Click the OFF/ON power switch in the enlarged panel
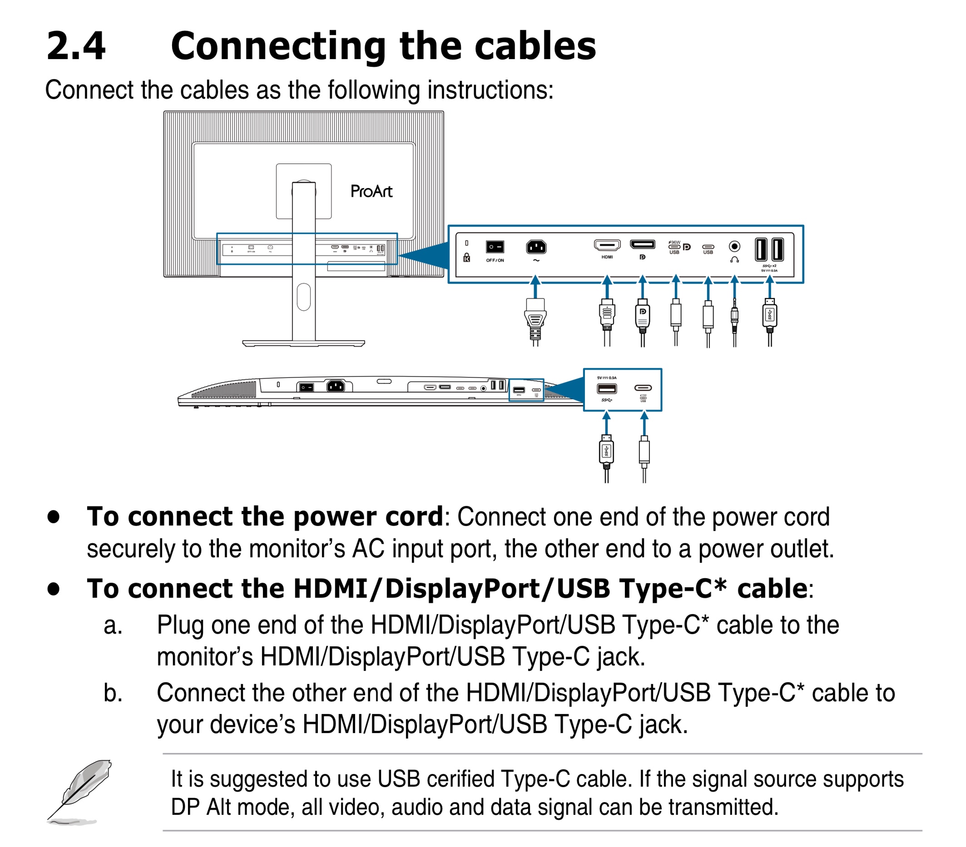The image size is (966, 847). point(494,247)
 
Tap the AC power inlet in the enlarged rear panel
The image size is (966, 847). point(536,247)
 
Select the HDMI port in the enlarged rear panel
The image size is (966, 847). point(607,245)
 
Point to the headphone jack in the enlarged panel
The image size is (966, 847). point(734,246)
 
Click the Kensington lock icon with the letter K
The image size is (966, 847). point(466,258)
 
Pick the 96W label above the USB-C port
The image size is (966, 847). point(675,242)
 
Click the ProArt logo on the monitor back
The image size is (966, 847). point(372,191)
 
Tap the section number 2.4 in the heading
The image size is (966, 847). point(75,46)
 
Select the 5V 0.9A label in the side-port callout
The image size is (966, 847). point(607,378)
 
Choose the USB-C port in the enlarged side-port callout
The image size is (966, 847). point(643,388)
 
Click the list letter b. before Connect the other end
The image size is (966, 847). point(113,693)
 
